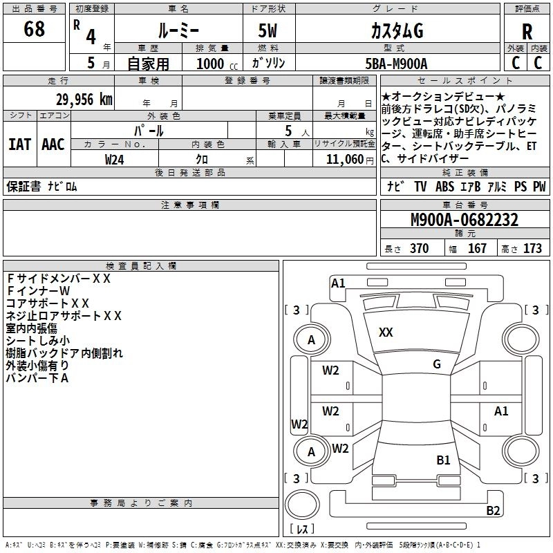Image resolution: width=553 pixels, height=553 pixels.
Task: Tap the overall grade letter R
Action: pyautogui.click(x=527, y=32)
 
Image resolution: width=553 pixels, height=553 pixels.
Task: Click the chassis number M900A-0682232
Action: pyautogui.click(x=465, y=221)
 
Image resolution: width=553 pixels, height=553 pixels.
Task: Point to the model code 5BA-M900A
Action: pyautogui.click(x=396, y=64)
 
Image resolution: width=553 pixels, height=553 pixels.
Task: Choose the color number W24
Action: pyautogui.click(x=115, y=160)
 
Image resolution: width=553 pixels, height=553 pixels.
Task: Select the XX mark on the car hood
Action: pyautogui.click(x=386, y=332)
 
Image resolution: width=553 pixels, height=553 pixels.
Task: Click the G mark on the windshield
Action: pyautogui.click(x=436, y=364)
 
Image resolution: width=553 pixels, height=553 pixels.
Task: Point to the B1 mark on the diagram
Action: pyautogui.click(x=443, y=460)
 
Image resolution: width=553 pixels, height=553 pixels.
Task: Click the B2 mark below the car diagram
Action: pyautogui.click(x=493, y=511)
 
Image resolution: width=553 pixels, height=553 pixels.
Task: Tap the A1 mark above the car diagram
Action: pyautogui.click(x=338, y=283)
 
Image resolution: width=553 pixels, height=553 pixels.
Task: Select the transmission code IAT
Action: pyautogui.click(x=19, y=144)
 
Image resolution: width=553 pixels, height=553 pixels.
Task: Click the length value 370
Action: pyautogui.click(x=419, y=249)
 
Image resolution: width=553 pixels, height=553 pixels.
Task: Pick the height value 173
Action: pyautogui.click(x=532, y=249)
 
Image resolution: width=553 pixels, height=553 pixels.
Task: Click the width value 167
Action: pyautogui.click(x=477, y=249)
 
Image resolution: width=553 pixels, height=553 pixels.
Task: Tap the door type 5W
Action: pyautogui.click(x=268, y=31)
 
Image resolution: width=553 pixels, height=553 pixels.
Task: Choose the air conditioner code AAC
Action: pyautogui.click(x=53, y=144)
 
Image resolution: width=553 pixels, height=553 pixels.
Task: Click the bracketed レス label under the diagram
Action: pyautogui.click(x=301, y=529)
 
